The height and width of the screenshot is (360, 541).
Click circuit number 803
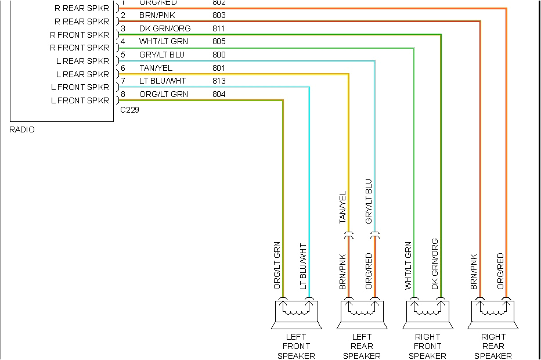[219, 15]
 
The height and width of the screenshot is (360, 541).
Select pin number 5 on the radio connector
[123, 55]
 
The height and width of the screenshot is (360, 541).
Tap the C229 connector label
[129, 109]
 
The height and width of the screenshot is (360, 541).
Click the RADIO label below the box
[22, 129]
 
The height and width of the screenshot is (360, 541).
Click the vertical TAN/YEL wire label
[342, 207]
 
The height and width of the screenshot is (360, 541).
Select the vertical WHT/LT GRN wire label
[408, 266]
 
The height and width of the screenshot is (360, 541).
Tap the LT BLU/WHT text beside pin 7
[163, 81]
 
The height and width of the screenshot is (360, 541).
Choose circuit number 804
[219, 95]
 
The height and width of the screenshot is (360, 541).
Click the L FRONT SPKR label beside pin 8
[80, 101]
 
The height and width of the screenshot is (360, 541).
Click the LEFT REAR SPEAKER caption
[362, 346]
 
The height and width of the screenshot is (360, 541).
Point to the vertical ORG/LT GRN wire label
[277, 266]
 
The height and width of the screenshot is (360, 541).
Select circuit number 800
[219, 55]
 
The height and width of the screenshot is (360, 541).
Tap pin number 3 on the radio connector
[123, 28]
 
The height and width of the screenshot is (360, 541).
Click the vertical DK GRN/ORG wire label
[435, 264]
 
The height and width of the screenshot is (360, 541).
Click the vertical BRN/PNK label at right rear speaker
[474, 272]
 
